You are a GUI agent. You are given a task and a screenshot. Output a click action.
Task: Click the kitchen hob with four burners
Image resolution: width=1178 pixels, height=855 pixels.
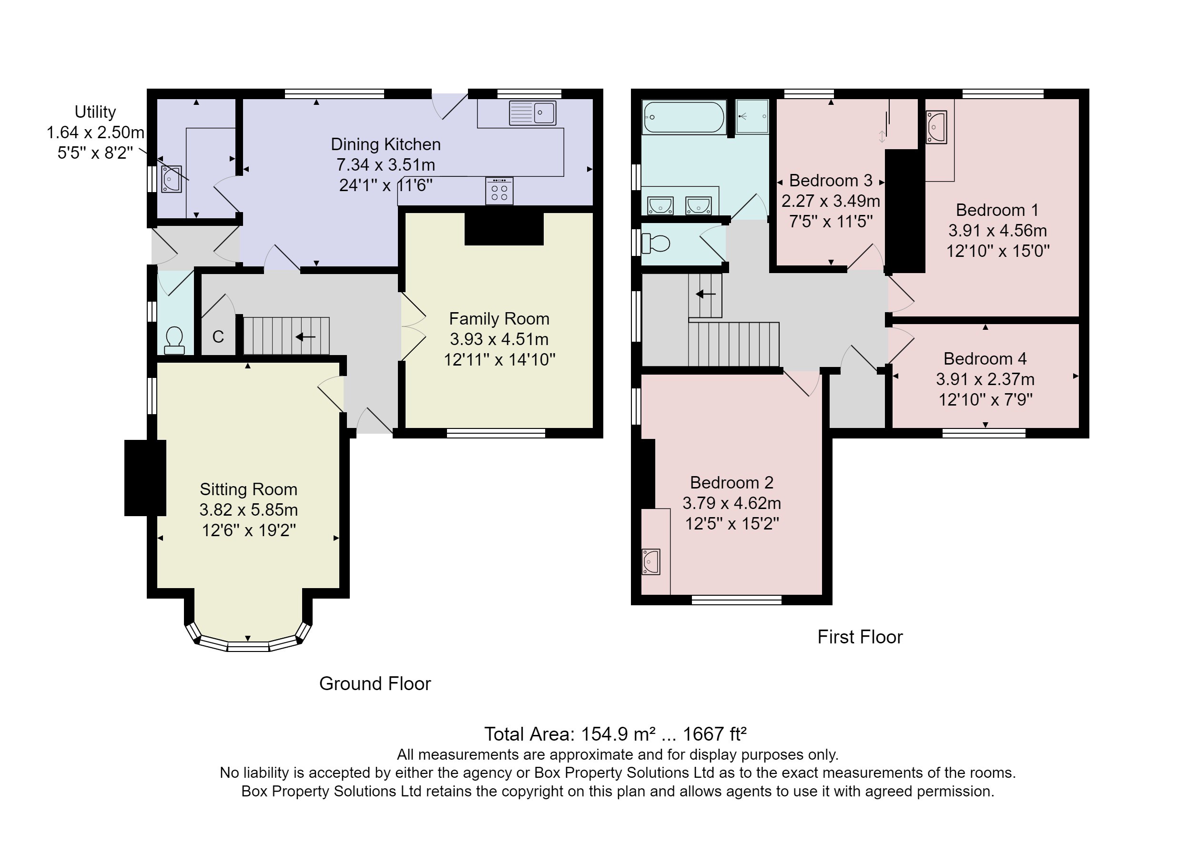[499, 191]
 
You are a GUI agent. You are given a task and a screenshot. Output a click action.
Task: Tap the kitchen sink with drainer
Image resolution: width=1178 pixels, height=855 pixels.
[532, 113]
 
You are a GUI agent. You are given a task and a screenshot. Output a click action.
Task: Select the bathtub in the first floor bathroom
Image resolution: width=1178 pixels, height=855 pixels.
[683, 117]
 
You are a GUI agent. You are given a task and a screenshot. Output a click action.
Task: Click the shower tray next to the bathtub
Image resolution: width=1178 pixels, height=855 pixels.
[752, 117]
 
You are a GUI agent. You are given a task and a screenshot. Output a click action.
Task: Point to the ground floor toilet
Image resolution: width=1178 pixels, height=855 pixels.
[174, 341]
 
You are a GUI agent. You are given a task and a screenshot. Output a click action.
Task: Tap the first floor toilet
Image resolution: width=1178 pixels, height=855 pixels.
[656, 243]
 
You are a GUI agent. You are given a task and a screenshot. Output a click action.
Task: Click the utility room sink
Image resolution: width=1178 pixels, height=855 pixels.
[171, 179]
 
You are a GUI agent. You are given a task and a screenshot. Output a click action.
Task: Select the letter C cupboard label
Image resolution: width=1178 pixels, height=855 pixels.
[218, 337]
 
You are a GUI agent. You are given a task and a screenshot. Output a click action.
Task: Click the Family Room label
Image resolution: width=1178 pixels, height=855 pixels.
[498, 318]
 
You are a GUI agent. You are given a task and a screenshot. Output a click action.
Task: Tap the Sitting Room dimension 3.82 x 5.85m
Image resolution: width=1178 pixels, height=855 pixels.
[248, 509]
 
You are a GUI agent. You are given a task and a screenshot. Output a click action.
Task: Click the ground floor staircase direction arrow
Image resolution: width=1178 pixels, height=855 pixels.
[305, 337]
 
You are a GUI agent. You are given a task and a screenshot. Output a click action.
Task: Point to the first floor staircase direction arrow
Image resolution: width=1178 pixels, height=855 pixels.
[705, 295]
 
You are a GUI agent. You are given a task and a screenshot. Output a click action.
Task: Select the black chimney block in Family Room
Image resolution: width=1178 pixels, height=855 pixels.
[503, 229]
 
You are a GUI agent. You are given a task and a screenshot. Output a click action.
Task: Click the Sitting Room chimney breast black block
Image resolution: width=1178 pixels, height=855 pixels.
[145, 478]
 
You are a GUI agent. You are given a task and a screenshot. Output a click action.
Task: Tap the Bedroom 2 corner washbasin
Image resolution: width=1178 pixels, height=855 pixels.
[651, 561]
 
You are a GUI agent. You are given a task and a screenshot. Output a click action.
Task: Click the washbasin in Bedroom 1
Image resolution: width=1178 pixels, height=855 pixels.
[936, 126]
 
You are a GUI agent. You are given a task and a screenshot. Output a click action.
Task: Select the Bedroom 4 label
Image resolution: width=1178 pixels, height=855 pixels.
[985, 358]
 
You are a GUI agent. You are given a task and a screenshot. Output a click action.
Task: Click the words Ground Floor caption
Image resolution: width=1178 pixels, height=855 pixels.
[375, 683]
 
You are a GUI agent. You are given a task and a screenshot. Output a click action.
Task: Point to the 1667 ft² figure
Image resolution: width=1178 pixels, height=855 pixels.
[714, 734]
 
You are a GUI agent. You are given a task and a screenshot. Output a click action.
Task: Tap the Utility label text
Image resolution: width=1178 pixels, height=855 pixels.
[95, 112]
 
